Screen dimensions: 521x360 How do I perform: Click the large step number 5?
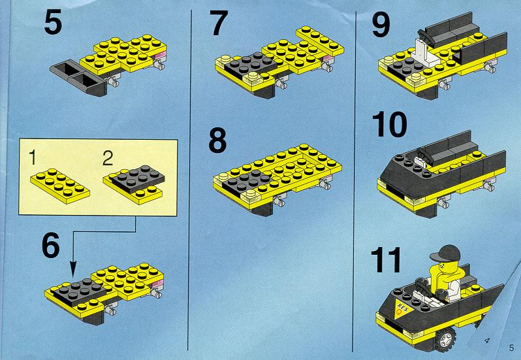53,22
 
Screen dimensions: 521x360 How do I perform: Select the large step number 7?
218,23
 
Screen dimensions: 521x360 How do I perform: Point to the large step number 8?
217,140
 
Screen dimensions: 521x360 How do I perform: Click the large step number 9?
381,25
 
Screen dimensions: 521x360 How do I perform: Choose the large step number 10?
388,124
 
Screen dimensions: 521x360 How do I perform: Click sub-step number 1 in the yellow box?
32,157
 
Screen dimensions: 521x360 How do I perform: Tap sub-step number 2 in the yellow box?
108,158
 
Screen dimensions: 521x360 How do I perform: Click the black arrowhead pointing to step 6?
73,269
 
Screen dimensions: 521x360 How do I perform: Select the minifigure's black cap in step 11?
445,253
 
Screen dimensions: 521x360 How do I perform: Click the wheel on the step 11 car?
445,339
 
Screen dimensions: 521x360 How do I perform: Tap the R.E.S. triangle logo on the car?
403,308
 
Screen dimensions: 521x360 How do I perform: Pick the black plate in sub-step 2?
137,178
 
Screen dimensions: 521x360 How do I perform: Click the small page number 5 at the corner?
511,348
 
